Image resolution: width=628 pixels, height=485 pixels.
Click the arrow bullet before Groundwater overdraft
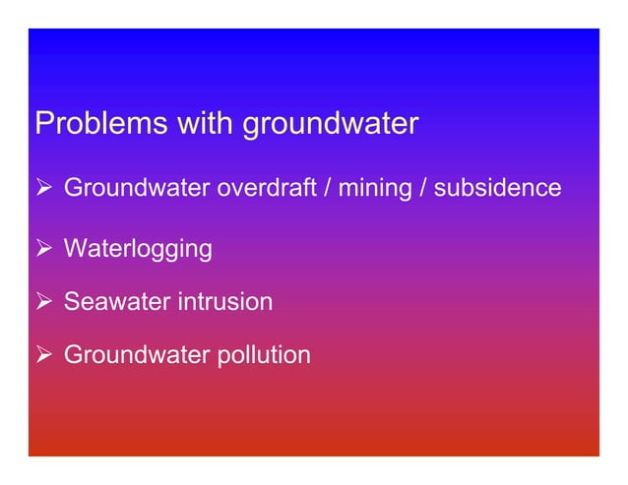click(x=43, y=187)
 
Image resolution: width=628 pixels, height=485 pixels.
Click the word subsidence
click(x=497, y=187)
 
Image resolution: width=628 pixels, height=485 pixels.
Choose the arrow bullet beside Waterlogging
click(x=43, y=248)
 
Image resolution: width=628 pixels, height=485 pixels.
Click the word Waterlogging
click(x=138, y=249)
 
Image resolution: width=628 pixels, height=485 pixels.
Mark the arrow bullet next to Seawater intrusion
click(x=43, y=301)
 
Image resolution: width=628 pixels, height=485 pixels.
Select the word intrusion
click(x=224, y=301)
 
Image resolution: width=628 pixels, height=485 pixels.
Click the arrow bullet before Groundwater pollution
click(x=43, y=354)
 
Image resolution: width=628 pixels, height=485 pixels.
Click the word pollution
click(x=261, y=354)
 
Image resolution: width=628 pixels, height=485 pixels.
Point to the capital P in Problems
click(x=43, y=125)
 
